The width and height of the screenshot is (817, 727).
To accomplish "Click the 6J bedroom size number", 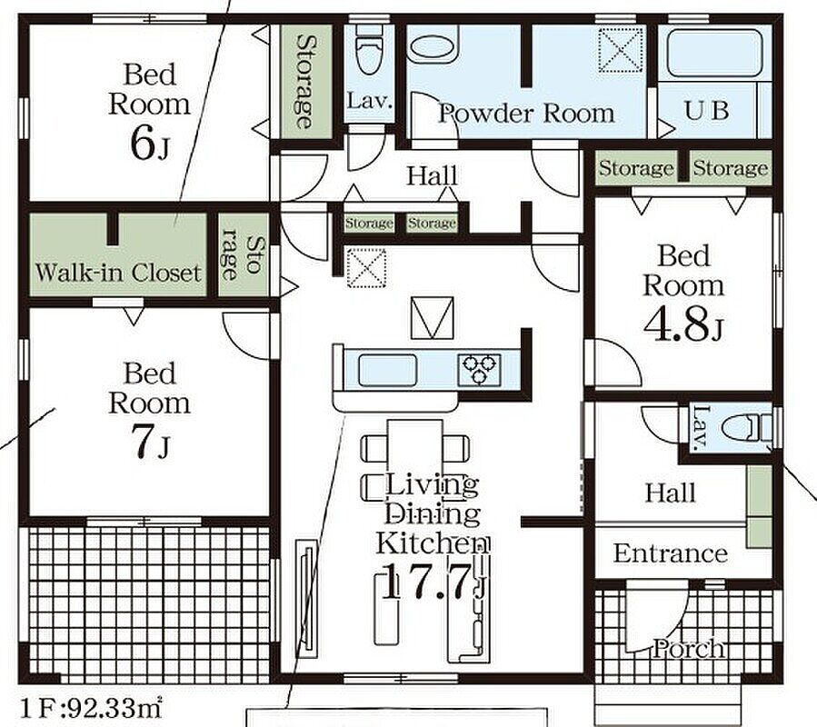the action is [x=149, y=144].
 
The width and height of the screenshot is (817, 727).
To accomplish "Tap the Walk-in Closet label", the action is [x=118, y=273].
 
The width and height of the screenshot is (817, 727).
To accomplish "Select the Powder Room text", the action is [x=526, y=113].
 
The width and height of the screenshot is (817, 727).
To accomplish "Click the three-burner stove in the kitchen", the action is [x=479, y=370].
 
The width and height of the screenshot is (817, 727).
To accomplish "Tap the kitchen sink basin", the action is [x=387, y=371].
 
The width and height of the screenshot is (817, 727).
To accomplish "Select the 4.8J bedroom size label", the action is [x=683, y=324].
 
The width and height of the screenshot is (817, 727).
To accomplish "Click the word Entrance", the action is [x=671, y=553].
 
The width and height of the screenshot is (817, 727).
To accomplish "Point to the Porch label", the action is [x=689, y=650].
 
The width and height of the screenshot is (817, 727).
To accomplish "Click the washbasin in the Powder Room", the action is [x=433, y=45].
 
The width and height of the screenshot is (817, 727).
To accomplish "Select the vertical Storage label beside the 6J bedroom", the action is [x=306, y=82].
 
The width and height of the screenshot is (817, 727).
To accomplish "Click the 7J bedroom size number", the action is [x=150, y=442].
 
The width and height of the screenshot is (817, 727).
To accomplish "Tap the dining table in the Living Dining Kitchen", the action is [x=415, y=454].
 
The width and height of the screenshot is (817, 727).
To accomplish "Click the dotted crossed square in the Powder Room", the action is [x=620, y=50].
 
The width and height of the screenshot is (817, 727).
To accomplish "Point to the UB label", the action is [x=706, y=111].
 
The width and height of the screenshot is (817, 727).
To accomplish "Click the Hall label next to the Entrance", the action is [x=670, y=493].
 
